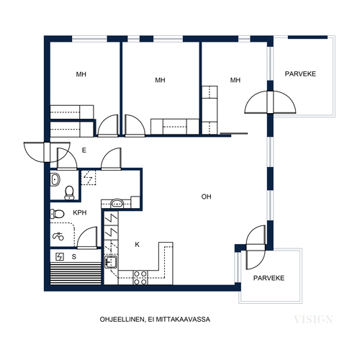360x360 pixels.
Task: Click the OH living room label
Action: pyautogui.click(x=206, y=197)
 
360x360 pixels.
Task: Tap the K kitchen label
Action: pyautogui.click(x=137, y=245)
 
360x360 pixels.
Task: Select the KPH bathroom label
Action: pyautogui.click(x=80, y=212)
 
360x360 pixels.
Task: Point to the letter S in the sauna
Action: pyautogui.click(x=74, y=257)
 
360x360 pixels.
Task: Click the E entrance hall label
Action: pyautogui.click(x=84, y=150)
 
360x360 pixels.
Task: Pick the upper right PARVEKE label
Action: pyautogui.click(x=300, y=73)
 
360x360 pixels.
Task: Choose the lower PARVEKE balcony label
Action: pyautogui.click(x=269, y=278)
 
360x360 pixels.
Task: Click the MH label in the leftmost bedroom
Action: pyautogui.click(x=81, y=74)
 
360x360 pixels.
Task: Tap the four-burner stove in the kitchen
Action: pyautogui.click(x=140, y=278)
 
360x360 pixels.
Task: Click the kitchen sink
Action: pyautogui.click(x=111, y=262)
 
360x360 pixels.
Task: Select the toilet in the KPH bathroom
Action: pyautogui.click(x=57, y=214)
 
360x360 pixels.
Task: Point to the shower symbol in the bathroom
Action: pyautogui.click(x=58, y=236)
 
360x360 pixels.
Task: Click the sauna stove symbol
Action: pyautogui.click(x=60, y=257)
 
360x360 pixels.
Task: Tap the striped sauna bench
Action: pyautogui.click(x=76, y=274)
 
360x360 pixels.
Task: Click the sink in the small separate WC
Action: pyautogui.click(x=55, y=179)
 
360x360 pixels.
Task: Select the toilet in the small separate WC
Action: pyautogui.click(x=69, y=193)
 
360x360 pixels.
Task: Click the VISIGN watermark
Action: pyautogui.click(x=313, y=320)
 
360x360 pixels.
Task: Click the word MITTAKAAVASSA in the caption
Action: pyautogui.click(x=183, y=320)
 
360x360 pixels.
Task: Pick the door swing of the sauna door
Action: pyautogui.click(x=87, y=237)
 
